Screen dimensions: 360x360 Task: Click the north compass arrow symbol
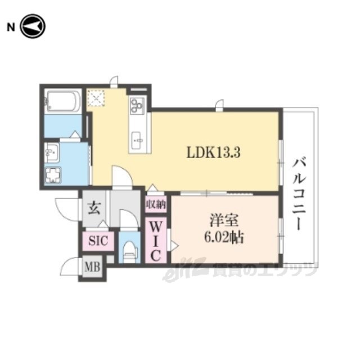point(33,26)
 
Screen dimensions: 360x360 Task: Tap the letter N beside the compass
point(11,28)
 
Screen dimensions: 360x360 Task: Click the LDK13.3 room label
point(213,152)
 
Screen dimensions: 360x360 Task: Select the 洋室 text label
point(224,220)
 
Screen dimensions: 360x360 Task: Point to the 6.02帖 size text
point(224,237)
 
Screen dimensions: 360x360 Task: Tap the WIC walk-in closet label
point(156,241)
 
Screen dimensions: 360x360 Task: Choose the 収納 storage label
point(156,204)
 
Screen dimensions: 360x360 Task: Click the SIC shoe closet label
point(98,241)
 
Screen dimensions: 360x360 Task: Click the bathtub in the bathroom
point(62,101)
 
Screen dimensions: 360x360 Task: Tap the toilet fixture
point(130,251)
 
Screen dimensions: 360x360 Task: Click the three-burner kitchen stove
point(137,105)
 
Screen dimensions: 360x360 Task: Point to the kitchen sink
point(137,141)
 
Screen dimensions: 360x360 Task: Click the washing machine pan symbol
point(53,175)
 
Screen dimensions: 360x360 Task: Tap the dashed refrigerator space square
point(96,98)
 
